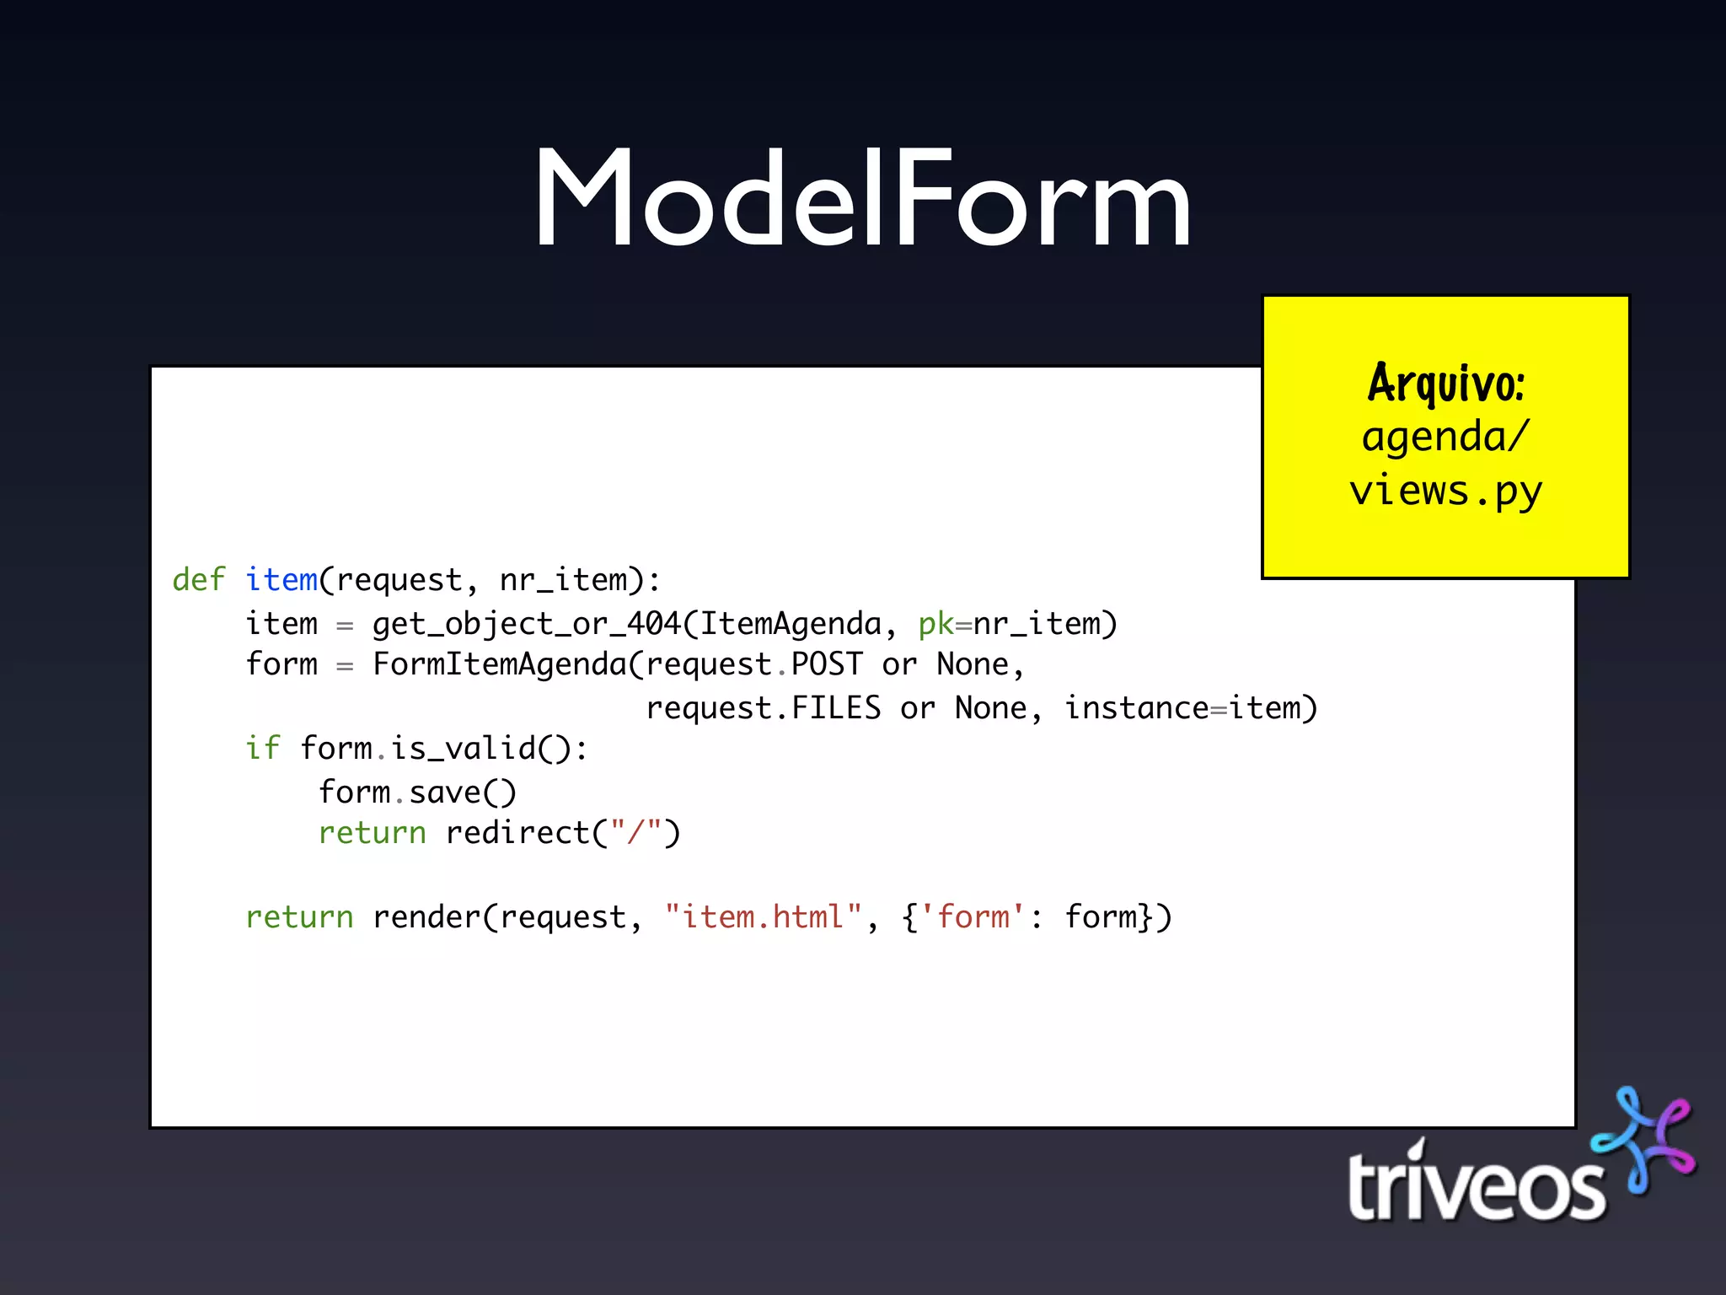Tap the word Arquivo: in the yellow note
(1445, 384)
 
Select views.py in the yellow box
(1445, 491)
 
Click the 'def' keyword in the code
(198, 580)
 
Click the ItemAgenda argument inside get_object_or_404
(791, 624)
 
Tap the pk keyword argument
(935, 624)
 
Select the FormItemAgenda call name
(500, 664)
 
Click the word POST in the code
(827, 664)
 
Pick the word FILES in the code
(836, 708)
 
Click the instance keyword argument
(1137, 708)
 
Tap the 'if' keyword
(262, 749)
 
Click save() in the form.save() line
(463, 793)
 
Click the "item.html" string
(764, 917)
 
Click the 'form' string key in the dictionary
(973, 917)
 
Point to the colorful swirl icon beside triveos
(1644, 1139)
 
